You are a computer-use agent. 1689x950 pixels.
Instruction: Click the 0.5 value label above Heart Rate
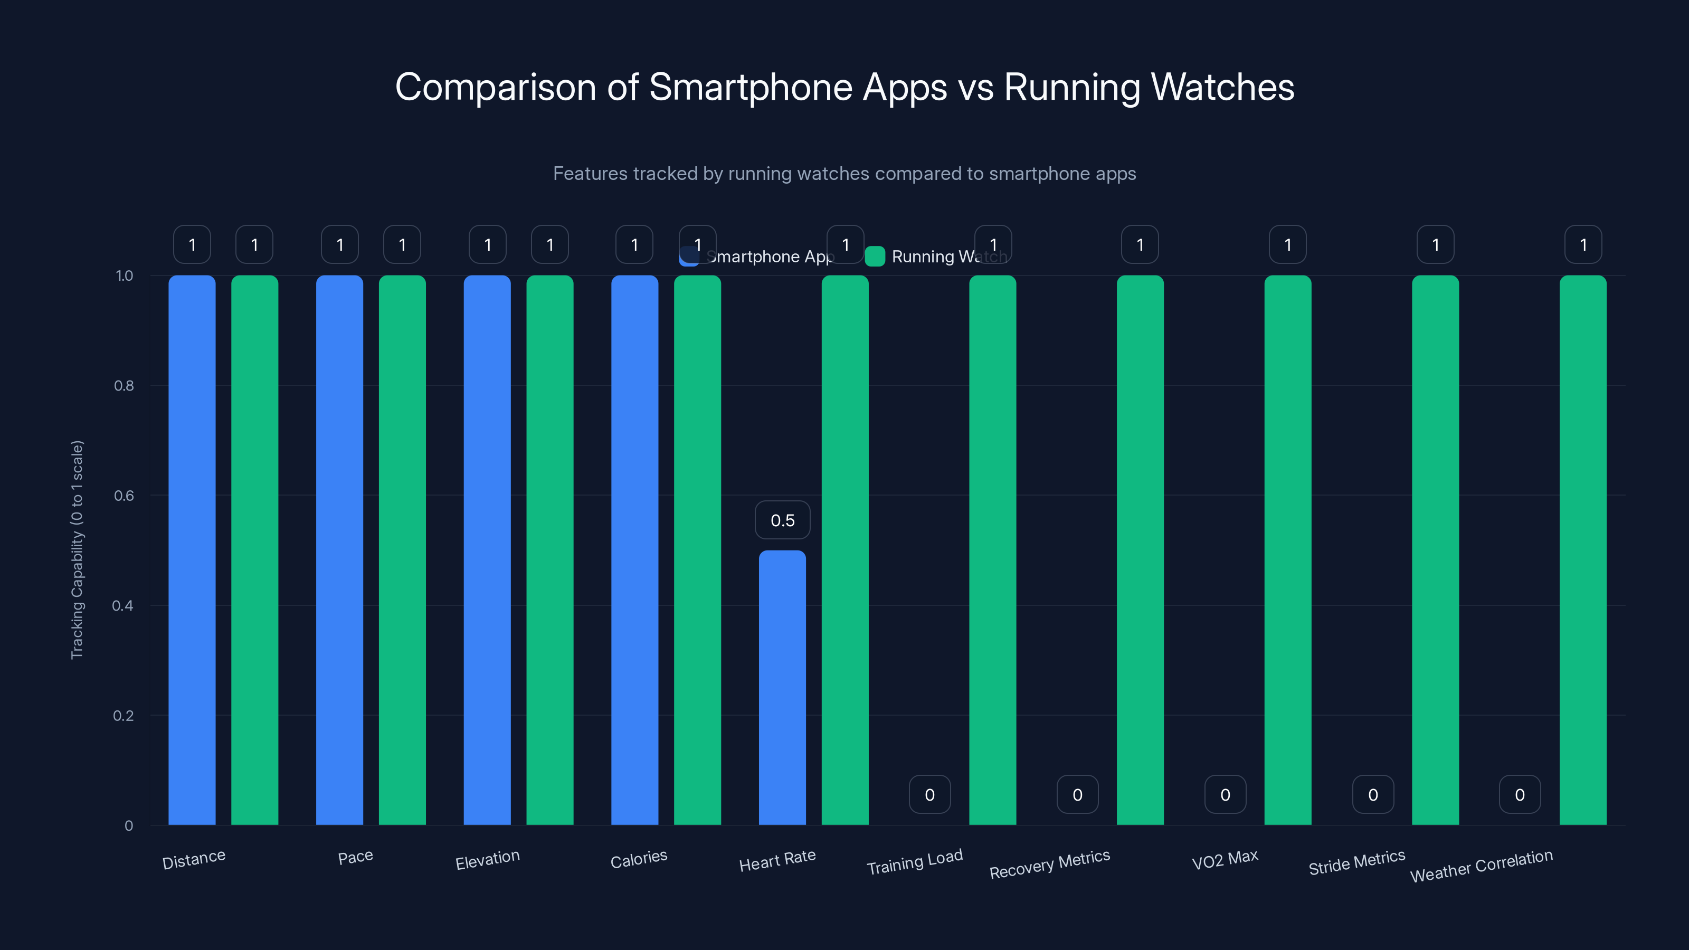[782, 520]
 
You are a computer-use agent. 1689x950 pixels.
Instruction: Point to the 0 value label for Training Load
[929, 795]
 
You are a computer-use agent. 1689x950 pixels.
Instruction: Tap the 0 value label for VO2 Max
[1225, 795]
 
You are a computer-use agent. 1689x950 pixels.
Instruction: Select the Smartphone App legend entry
[757, 256]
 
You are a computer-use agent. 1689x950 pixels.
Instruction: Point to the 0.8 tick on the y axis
[124, 385]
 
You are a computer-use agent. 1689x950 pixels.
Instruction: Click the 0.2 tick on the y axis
[124, 715]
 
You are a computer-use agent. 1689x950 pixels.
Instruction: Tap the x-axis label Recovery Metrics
[1049, 864]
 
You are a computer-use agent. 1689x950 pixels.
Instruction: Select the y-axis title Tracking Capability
[77, 549]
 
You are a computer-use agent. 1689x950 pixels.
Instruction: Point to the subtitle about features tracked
[844, 174]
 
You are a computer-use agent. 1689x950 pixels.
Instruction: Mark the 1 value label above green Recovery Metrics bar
[1140, 244]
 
